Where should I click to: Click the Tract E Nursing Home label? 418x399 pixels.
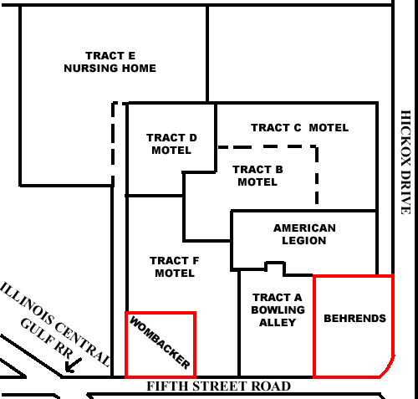[110, 62]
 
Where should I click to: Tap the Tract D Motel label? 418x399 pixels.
[171, 144]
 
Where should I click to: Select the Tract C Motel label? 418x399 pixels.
[300, 128]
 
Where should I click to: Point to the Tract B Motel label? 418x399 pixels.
[257, 176]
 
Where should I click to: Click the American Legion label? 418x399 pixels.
[304, 234]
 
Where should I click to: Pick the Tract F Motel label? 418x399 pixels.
[175, 267]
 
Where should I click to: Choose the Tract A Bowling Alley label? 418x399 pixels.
[278, 310]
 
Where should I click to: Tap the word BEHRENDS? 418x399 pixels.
[355, 319]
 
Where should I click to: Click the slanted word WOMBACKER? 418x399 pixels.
[160, 343]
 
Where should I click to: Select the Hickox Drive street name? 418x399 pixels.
[405, 162]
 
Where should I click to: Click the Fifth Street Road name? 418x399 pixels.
[219, 386]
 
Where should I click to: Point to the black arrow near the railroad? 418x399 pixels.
[73, 366]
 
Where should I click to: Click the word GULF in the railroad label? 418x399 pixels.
[35, 332]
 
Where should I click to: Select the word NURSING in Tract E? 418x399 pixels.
[91, 69]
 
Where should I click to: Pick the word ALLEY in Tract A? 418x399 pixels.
[278, 323]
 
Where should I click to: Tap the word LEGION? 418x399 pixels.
[304, 241]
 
